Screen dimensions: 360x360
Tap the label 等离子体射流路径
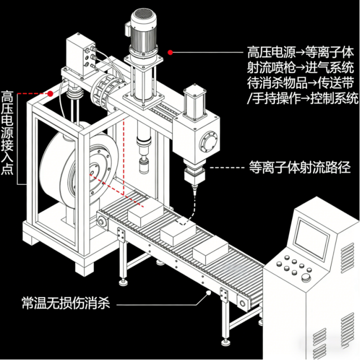point(299,168)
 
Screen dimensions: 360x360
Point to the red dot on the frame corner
point(50,94)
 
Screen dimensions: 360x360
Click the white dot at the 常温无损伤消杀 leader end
point(210,293)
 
